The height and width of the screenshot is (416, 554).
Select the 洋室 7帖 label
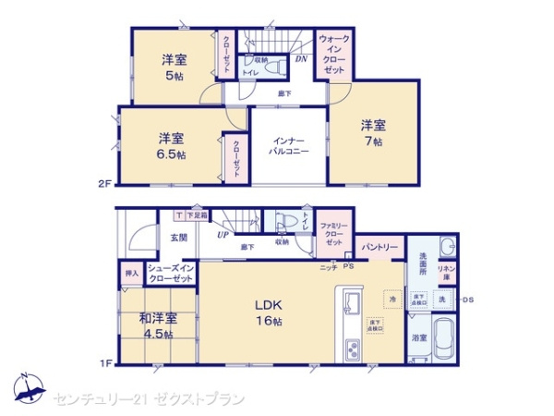(x=372, y=132)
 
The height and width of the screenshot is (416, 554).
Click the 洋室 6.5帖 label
(x=170, y=146)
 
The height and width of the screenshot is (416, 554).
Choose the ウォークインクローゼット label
(x=335, y=55)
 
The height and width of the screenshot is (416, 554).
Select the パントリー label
(x=379, y=248)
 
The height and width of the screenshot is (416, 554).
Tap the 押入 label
(x=131, y=274)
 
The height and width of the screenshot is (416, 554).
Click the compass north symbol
(x=28, y=385)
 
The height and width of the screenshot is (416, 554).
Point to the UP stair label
(x=223, y=235)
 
